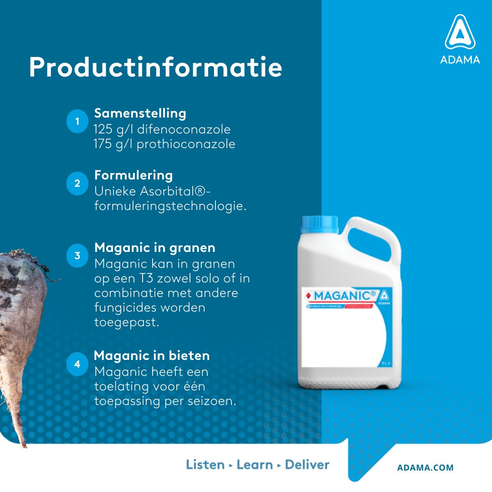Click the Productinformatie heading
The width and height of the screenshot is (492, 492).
coord(155,67)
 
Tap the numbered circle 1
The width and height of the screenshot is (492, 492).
coord(77,122)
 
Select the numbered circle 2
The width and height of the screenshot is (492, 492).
coord(77,184)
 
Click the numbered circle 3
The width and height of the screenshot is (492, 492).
coord(77,256)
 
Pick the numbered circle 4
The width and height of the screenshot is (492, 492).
coord(77,364)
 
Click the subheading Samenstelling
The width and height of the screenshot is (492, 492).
coord(140,113)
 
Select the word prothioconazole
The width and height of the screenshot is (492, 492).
coord(186,144)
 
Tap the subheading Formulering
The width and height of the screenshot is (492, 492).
coord(133,175)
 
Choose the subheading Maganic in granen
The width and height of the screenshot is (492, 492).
coord(154,248)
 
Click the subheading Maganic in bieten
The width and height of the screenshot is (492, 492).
coord(152,355)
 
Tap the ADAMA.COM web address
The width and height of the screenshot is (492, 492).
coord(425,467)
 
